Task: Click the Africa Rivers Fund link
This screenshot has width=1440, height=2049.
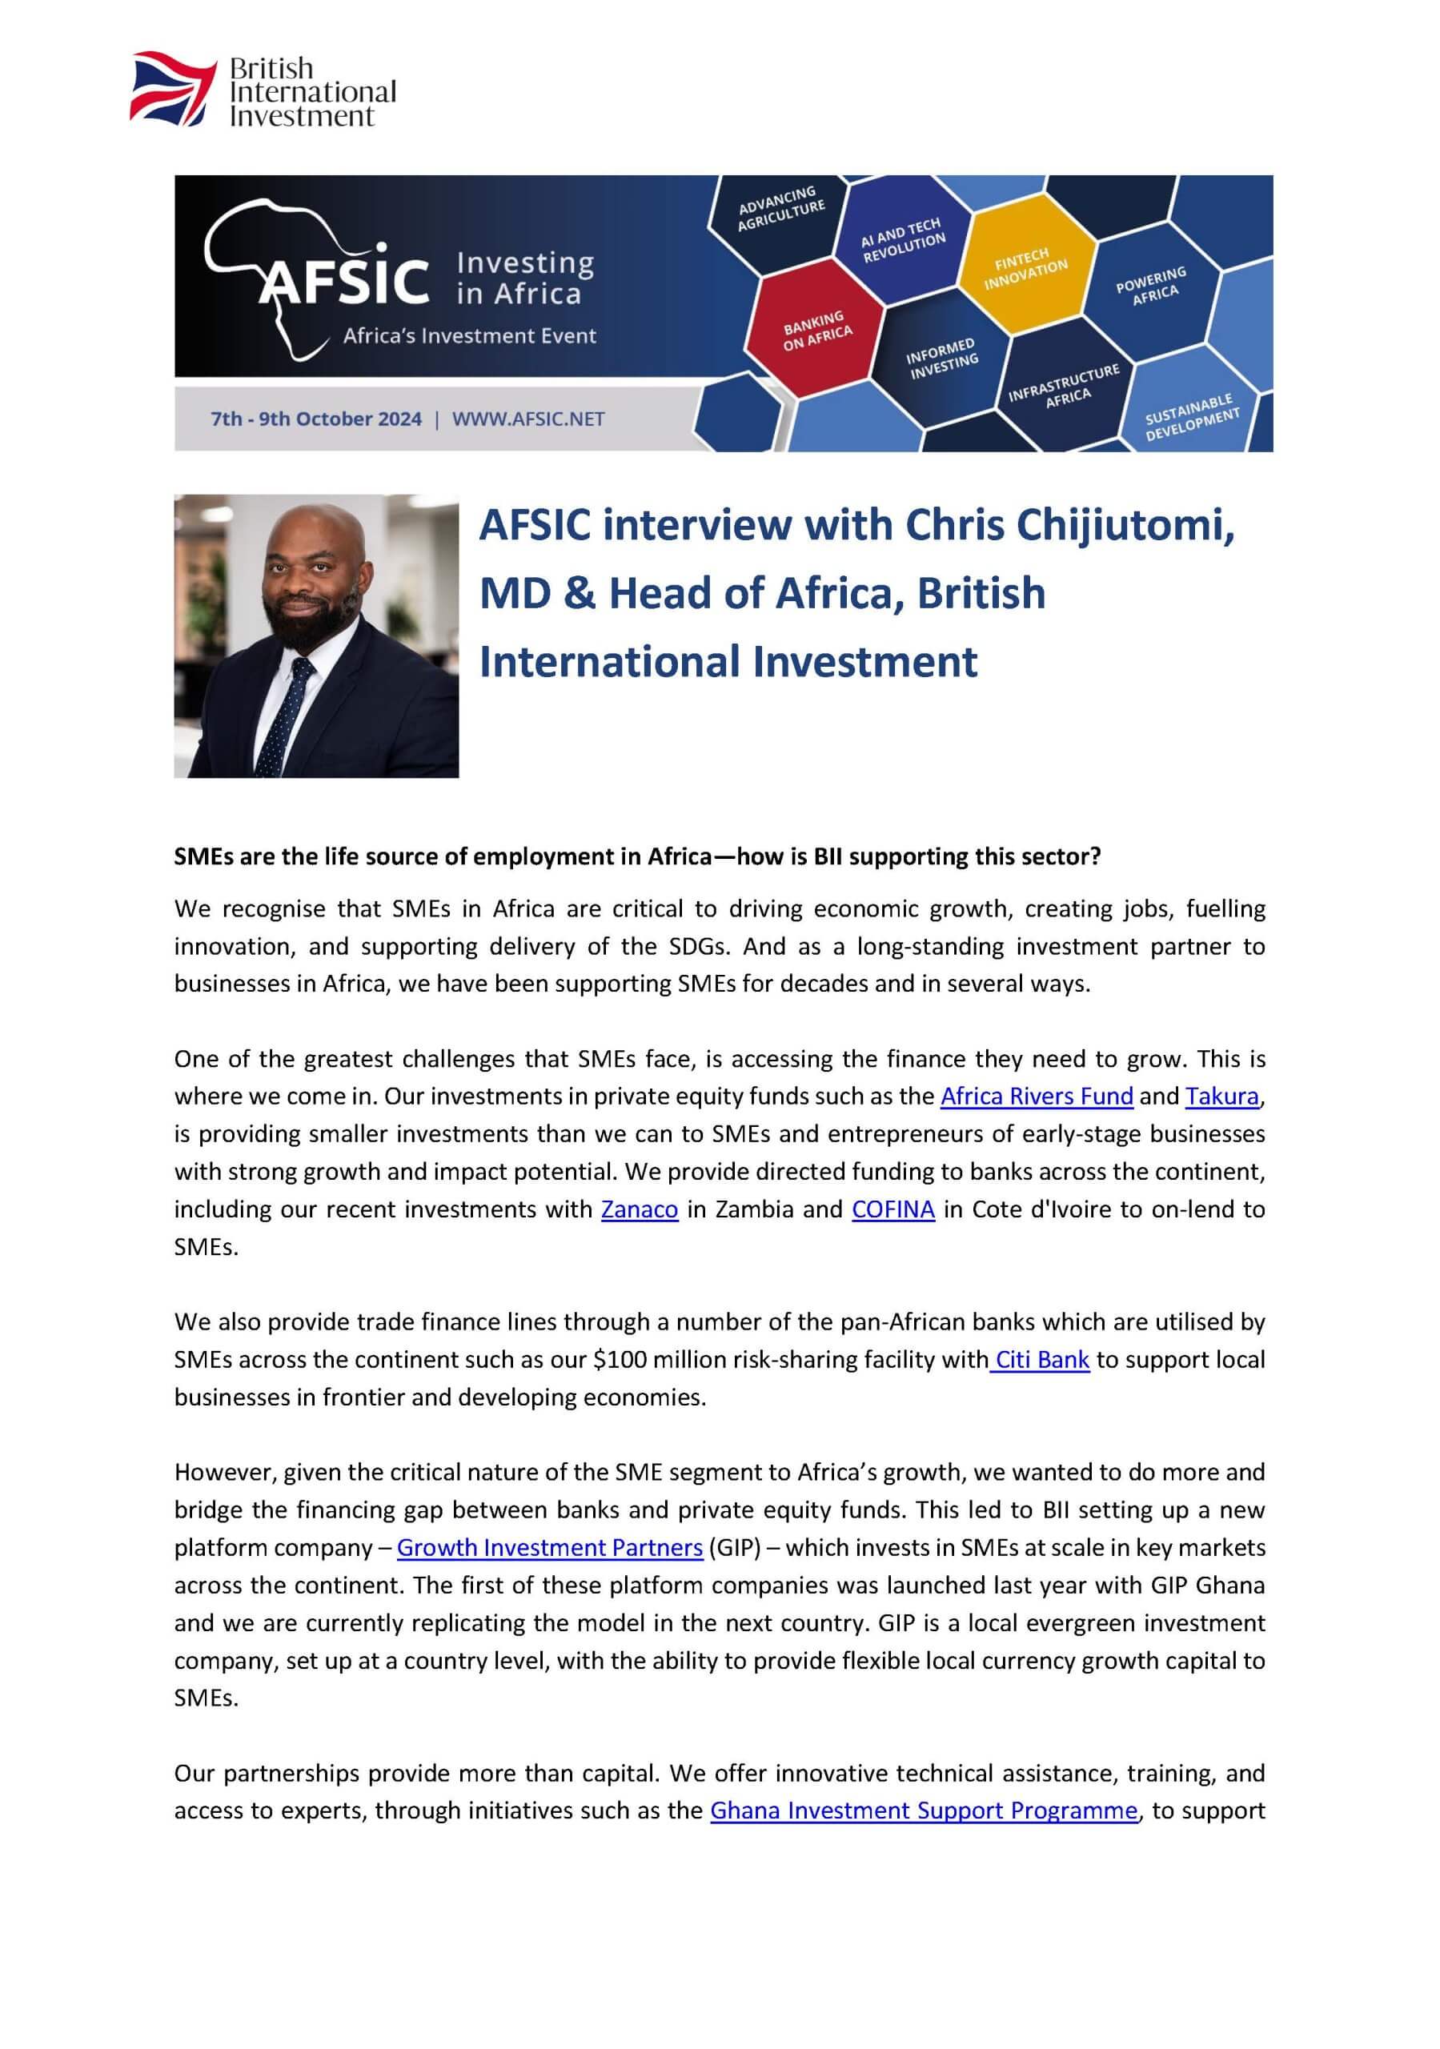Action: (x=1037, y=1096)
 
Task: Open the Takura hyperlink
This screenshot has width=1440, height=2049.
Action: (x=1221, y=1096)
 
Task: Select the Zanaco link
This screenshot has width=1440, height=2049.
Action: (x=640, y=1209)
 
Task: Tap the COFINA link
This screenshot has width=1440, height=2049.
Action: (x=892, y=1209)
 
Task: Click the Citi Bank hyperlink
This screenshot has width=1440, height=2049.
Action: (x=1041, y=1360)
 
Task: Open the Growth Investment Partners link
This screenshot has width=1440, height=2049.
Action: (x=550, y=1547)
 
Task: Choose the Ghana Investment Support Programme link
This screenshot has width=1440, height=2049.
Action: (x=924, y=1810)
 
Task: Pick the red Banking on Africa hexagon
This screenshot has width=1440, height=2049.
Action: (x=816, y=329)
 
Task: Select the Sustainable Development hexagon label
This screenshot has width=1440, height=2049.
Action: (x=1192, y=416)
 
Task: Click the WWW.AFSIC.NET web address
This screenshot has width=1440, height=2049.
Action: (x=528, y=419)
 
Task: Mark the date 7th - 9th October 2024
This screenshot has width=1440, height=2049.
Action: (x=316, y=419)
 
